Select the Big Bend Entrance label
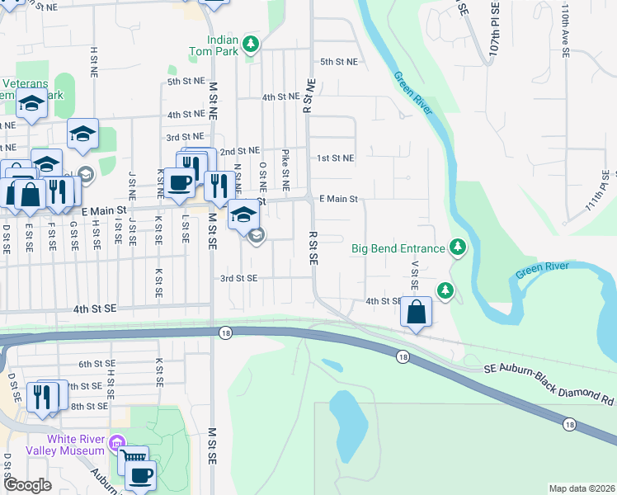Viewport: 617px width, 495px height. pyautogui.click(x=398, y=247)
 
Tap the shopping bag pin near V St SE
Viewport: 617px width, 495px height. pyautogui.click(x=417, y=313)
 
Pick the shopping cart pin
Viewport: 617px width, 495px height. pyautogui.click(x=133, y=459)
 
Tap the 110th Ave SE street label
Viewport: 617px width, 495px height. pyautogui.click(x=566, y=32)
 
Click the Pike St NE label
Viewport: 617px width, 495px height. pyautogui.click(x=285, y=164)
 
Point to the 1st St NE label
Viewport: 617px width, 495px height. pyautogui.click(x=336, y=158)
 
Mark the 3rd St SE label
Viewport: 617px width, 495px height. pyautogui.click(x=239, y=278)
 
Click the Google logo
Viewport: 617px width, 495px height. pyautogui.click(x=27, y=485)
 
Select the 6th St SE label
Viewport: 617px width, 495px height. pyautogui.click(x=97, y=364)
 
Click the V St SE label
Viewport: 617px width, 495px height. pyautogui.click(x=416, y=277)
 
